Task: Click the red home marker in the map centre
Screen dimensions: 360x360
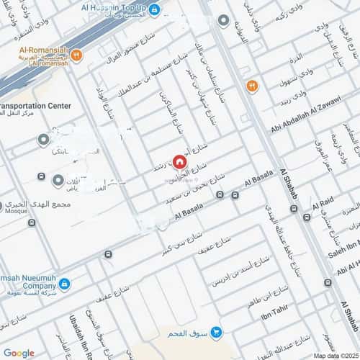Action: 179,161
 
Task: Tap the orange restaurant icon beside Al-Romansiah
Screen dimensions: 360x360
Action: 76,54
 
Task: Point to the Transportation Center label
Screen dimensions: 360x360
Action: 36,106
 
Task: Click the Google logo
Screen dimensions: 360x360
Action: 19,352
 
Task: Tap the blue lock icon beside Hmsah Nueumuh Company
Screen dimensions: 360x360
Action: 64,284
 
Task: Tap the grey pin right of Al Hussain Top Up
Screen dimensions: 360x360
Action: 224,19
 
